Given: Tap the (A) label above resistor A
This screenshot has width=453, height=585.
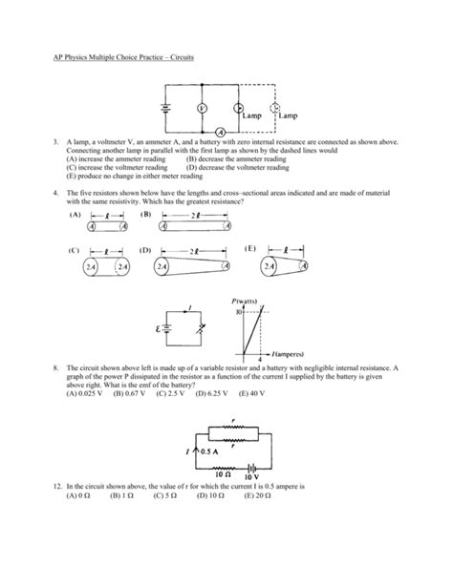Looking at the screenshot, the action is [x=75, y=215].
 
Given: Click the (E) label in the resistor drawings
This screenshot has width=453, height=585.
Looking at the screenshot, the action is [x=250, y=249].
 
